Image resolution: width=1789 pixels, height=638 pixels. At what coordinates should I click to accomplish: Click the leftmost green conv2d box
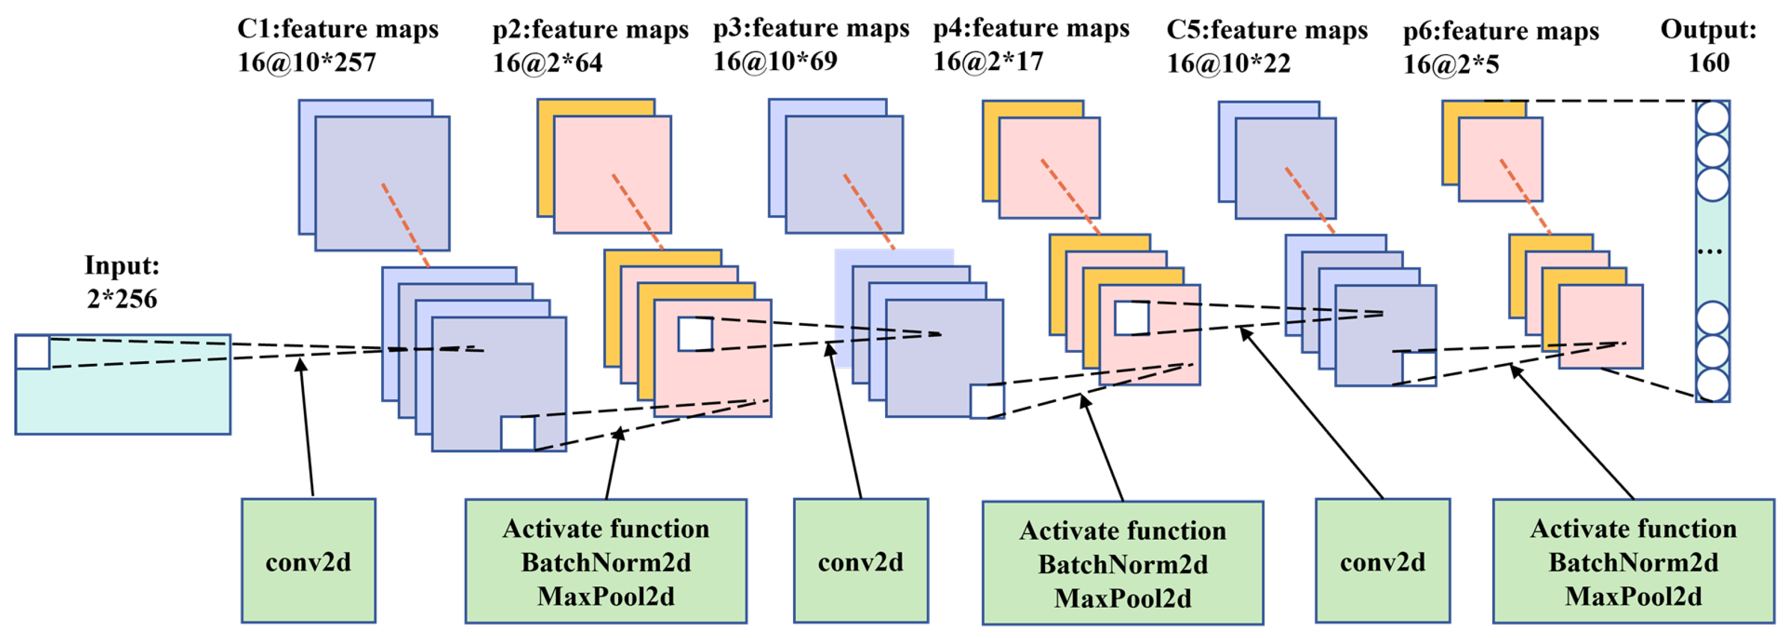click(x=308, y=560)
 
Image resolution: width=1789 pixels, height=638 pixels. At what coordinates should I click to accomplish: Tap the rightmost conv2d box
click(x=1382, y=560)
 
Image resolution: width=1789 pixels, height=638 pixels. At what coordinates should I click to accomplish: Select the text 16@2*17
click(x=988, y=62)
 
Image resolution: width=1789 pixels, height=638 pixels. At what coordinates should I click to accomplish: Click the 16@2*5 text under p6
click(x=1451, y=65)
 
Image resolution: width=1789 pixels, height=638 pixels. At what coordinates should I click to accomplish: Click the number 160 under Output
click(x=1708, y=63)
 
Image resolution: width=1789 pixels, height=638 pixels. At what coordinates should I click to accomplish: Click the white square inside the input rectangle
click(x=33, y=352)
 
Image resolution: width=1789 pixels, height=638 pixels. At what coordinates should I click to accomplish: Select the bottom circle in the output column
click(x=1712, y=385)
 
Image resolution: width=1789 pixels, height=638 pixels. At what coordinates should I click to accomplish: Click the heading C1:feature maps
click(x=338, y=29)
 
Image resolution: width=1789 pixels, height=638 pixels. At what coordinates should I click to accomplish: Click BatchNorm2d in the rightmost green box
click(x=1633, y=562)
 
